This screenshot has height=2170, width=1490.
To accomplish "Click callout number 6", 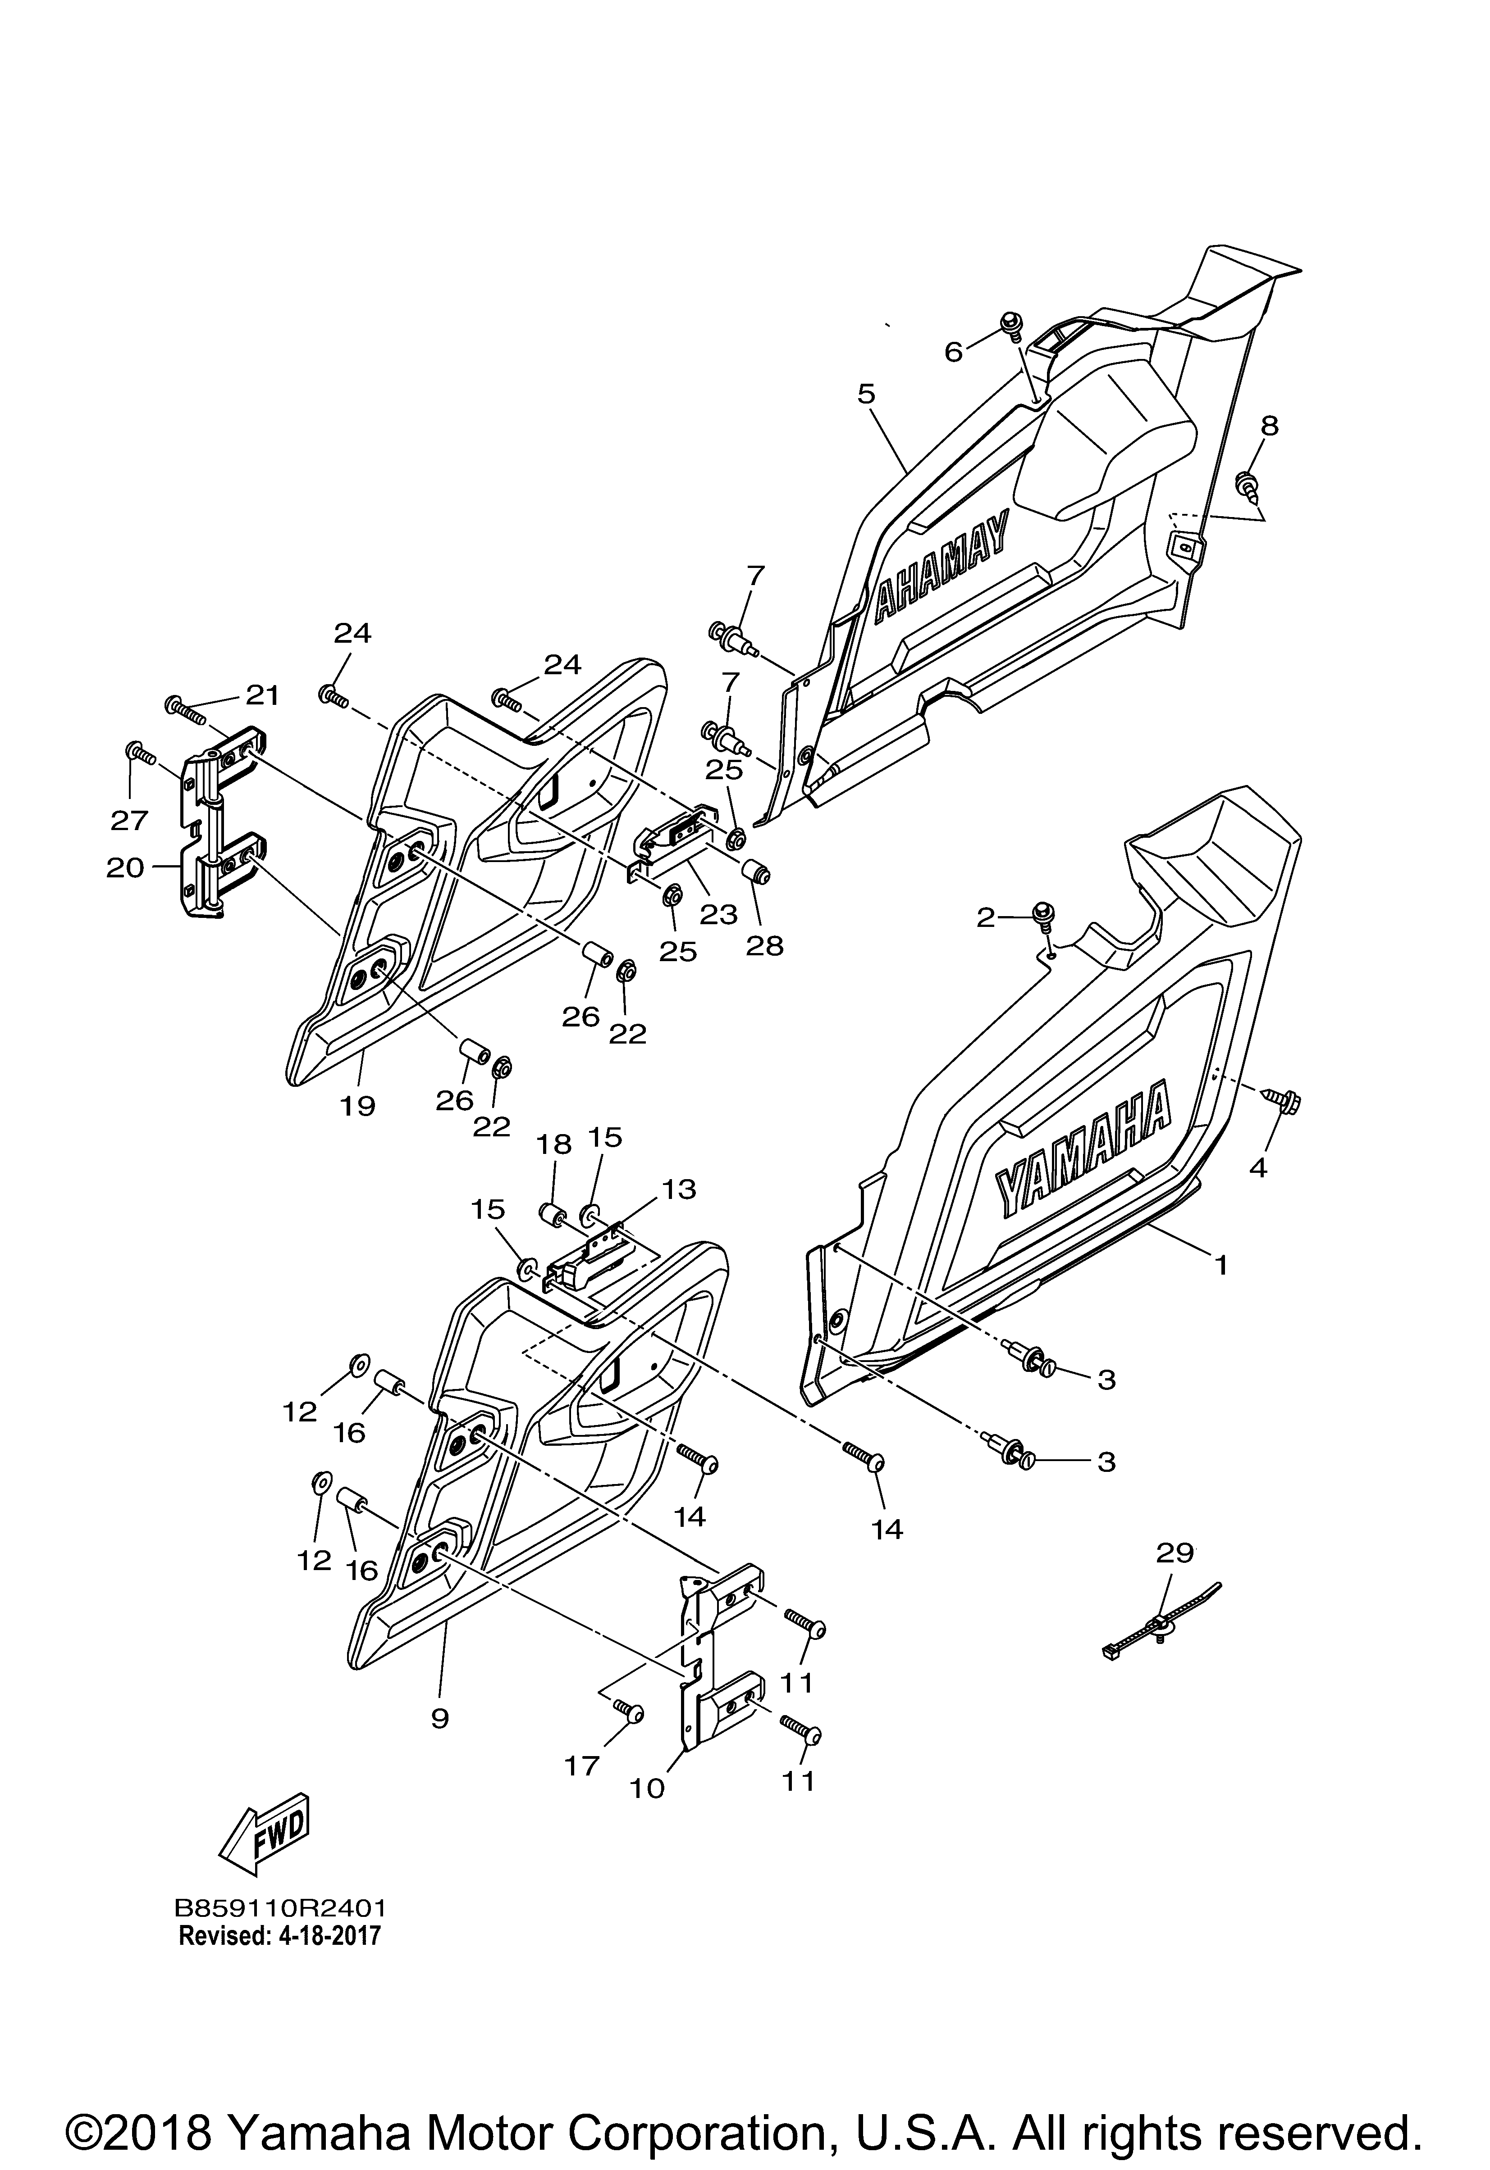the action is coord(954,352).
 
